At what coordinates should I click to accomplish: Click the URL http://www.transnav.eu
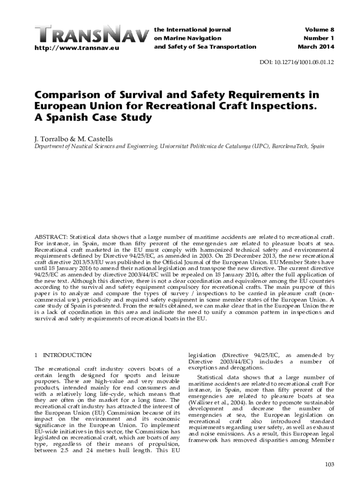click(74, 47)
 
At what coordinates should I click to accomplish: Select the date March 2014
click(316, 46)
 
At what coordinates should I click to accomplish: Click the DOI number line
click(296, 62)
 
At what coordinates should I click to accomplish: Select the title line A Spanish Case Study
click(93, 118)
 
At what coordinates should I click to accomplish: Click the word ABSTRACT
click(51, 238)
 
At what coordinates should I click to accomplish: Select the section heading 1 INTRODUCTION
click(63, 355)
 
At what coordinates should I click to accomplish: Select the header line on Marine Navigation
click(187, 38)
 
